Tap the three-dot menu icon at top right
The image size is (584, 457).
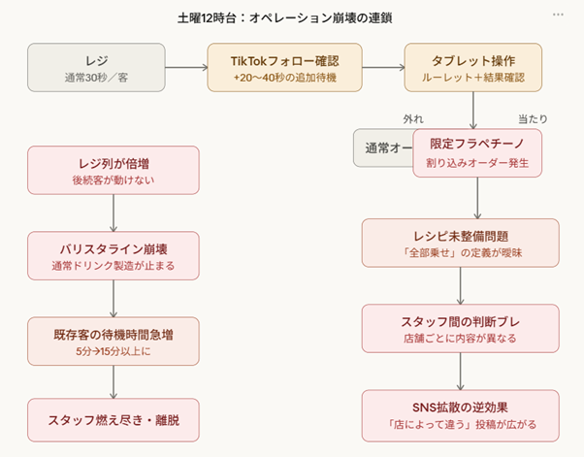[558, 16]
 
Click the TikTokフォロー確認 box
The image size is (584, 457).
[284, 67]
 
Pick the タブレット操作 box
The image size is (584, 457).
[471, 67]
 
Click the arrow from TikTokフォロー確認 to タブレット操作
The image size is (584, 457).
[383, 67]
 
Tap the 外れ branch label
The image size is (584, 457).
[413, 118]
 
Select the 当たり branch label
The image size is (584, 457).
[533, 118]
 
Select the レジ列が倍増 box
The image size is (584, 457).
[114, 170]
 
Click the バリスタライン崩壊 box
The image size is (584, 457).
[114, 255]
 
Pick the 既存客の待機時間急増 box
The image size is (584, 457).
[114, 341]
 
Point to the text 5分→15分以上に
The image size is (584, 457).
[114, 351]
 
